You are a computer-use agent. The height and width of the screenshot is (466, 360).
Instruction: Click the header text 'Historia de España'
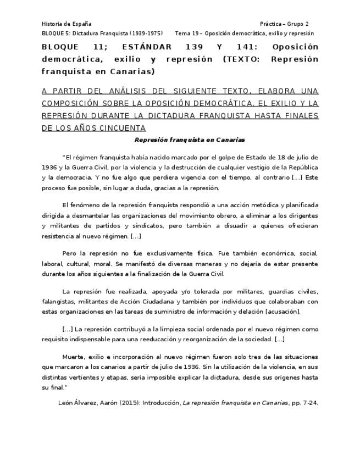coord(67,24)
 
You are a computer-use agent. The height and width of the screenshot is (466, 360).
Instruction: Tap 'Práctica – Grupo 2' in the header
coord(284,24)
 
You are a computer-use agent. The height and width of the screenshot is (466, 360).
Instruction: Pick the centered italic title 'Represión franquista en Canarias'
coord(181,140)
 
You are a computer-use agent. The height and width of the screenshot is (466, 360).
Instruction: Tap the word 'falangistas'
coord(58,302)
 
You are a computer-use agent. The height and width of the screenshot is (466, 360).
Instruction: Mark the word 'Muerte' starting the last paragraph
coord(74,356)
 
